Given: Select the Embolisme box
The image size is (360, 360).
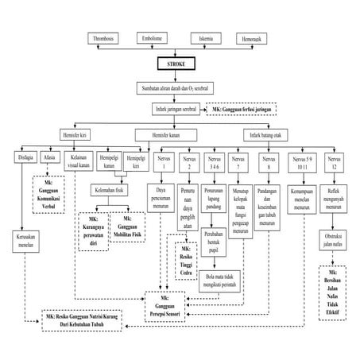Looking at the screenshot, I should click(155, 37).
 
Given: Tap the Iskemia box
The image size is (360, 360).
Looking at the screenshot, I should click(206, 37).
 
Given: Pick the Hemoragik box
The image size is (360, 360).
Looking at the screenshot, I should click(254, 37).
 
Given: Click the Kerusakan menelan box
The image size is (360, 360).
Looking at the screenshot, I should click(25, 238).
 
